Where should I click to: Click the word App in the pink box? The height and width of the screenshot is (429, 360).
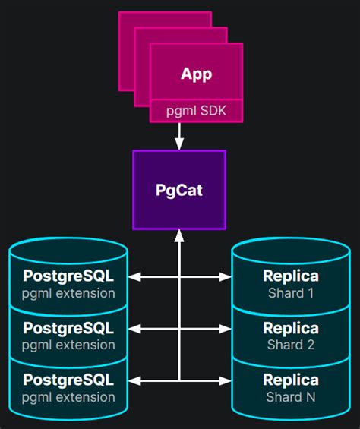coord(196,74)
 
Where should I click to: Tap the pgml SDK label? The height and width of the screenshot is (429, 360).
coord(196,111)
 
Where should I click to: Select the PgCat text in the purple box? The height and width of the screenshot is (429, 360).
coord(179,190)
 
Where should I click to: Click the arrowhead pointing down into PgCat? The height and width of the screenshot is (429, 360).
coord(179,144)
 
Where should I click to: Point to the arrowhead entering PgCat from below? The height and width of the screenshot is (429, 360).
coord(179,236)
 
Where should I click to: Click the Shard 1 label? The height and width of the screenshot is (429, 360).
coord(291,293)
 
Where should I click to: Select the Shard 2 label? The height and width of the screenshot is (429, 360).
coord(291,345)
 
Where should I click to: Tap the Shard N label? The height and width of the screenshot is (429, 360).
coord(291,397)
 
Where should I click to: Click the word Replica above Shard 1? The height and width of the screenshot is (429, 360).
coord(291,276)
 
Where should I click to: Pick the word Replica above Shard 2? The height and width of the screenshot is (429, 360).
coord(291,328)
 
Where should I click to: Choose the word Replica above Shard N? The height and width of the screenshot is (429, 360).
coord(291,380)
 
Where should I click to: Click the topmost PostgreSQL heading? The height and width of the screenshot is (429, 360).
coord(68,276)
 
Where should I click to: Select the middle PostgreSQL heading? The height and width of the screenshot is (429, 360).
coord(68,328)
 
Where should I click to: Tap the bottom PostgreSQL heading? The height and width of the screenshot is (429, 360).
coord(68,380)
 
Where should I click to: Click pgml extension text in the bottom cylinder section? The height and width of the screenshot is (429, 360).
coord(68,397)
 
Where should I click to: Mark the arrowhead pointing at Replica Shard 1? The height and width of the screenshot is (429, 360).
coord(226,277)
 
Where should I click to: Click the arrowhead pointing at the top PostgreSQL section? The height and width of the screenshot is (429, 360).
coord(134,277)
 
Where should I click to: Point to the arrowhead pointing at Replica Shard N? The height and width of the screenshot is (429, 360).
coord(226,381)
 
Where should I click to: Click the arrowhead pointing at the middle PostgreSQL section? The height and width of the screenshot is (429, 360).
coord(134,329)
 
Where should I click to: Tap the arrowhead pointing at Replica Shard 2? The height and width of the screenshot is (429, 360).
coord(226,329)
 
